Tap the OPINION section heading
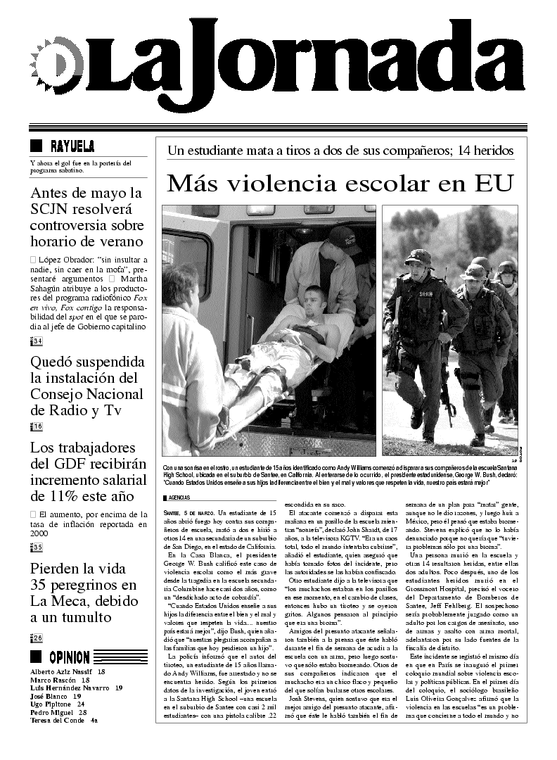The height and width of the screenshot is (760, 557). [x=70, y=657]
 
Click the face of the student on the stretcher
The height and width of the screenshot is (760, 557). [x=315, y=303]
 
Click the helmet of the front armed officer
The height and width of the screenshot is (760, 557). [x=419, y=256]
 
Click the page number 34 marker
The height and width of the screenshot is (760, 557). [x=37, y=342]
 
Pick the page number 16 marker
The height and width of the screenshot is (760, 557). [x=37, y=426]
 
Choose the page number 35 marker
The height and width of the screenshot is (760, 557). [x=37, y=547]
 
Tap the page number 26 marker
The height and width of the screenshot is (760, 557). [x=37, y=638]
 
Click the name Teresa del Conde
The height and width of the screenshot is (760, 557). [x=58, y=720]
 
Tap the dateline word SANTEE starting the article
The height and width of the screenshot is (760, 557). [x=174, y=511]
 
